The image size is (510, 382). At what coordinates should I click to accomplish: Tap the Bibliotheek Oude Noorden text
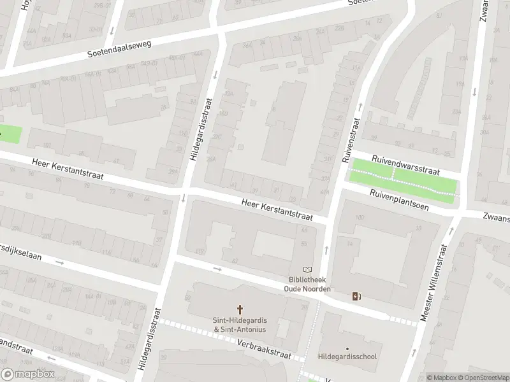coord(307,284)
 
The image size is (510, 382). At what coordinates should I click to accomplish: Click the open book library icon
coord(308,270)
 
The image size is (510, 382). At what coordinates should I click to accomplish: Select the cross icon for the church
coord(240,308)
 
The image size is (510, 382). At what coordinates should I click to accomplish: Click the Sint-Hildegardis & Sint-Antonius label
coord(240,325)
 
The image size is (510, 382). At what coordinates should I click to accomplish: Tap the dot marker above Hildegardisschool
coord(347,348)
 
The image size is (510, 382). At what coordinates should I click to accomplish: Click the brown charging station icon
coord(356,296)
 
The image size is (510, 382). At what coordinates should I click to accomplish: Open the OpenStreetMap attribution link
coord(484,378)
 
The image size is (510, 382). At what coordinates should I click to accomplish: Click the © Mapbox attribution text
coord(441,378)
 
